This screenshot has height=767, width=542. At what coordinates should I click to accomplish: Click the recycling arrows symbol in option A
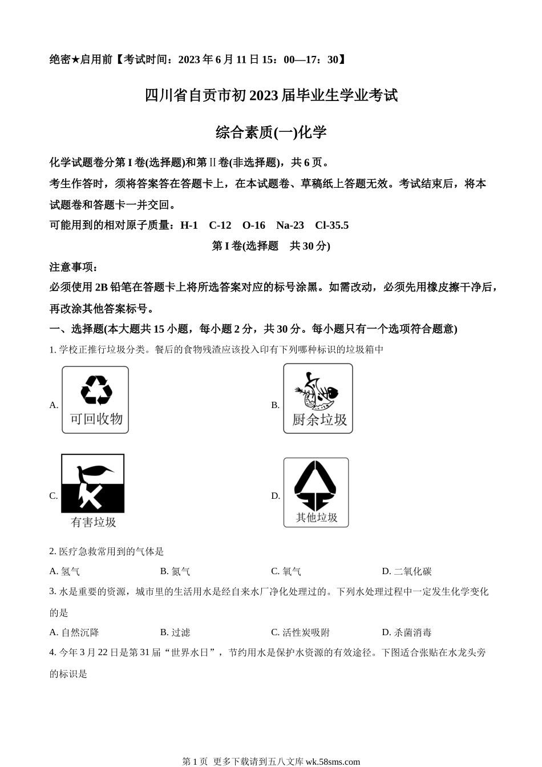(96, 390)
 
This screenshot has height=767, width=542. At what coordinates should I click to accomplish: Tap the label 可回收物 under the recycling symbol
(96, 419)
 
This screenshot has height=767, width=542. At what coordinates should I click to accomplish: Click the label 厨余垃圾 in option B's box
(319, 420)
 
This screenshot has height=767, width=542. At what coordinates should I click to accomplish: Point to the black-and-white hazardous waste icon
(92, 483)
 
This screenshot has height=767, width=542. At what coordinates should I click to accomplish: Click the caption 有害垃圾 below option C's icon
(93, 522)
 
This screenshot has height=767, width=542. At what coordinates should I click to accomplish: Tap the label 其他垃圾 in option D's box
(316, 518)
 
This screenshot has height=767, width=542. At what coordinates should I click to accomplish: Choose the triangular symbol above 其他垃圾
(316, 486)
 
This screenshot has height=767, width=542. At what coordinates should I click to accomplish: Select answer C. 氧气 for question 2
(286, 571)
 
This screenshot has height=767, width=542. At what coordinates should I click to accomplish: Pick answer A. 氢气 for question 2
(64, 571)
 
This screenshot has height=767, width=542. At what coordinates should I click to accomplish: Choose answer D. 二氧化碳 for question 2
(406, 571)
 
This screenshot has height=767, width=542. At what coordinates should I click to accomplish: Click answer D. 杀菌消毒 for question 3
(406, 632)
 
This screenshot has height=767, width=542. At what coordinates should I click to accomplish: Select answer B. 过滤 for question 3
(175, 632)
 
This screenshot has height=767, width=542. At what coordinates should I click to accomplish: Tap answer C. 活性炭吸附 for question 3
(300, 632)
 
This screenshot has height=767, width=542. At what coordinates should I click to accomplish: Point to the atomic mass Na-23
(290, 225)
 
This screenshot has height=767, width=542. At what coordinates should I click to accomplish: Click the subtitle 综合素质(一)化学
(271, 132)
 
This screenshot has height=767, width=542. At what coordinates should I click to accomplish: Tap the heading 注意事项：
(74, 267)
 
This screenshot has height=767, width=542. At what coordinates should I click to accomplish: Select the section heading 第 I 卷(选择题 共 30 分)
(271, 246)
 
